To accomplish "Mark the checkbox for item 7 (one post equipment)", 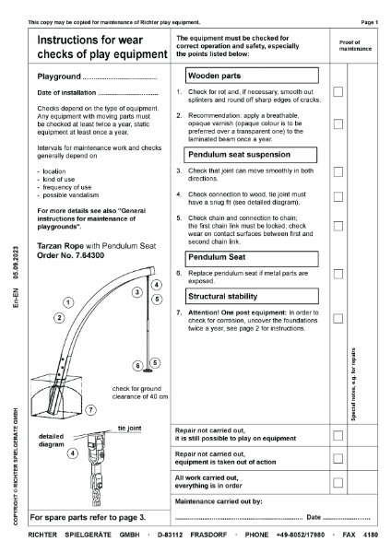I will [338, 318].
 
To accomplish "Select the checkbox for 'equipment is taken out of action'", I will [338, 458].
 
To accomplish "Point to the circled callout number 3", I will [136, 292].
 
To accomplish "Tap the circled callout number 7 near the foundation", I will [91, 408].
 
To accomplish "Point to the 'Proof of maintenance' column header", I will [352, 44].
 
